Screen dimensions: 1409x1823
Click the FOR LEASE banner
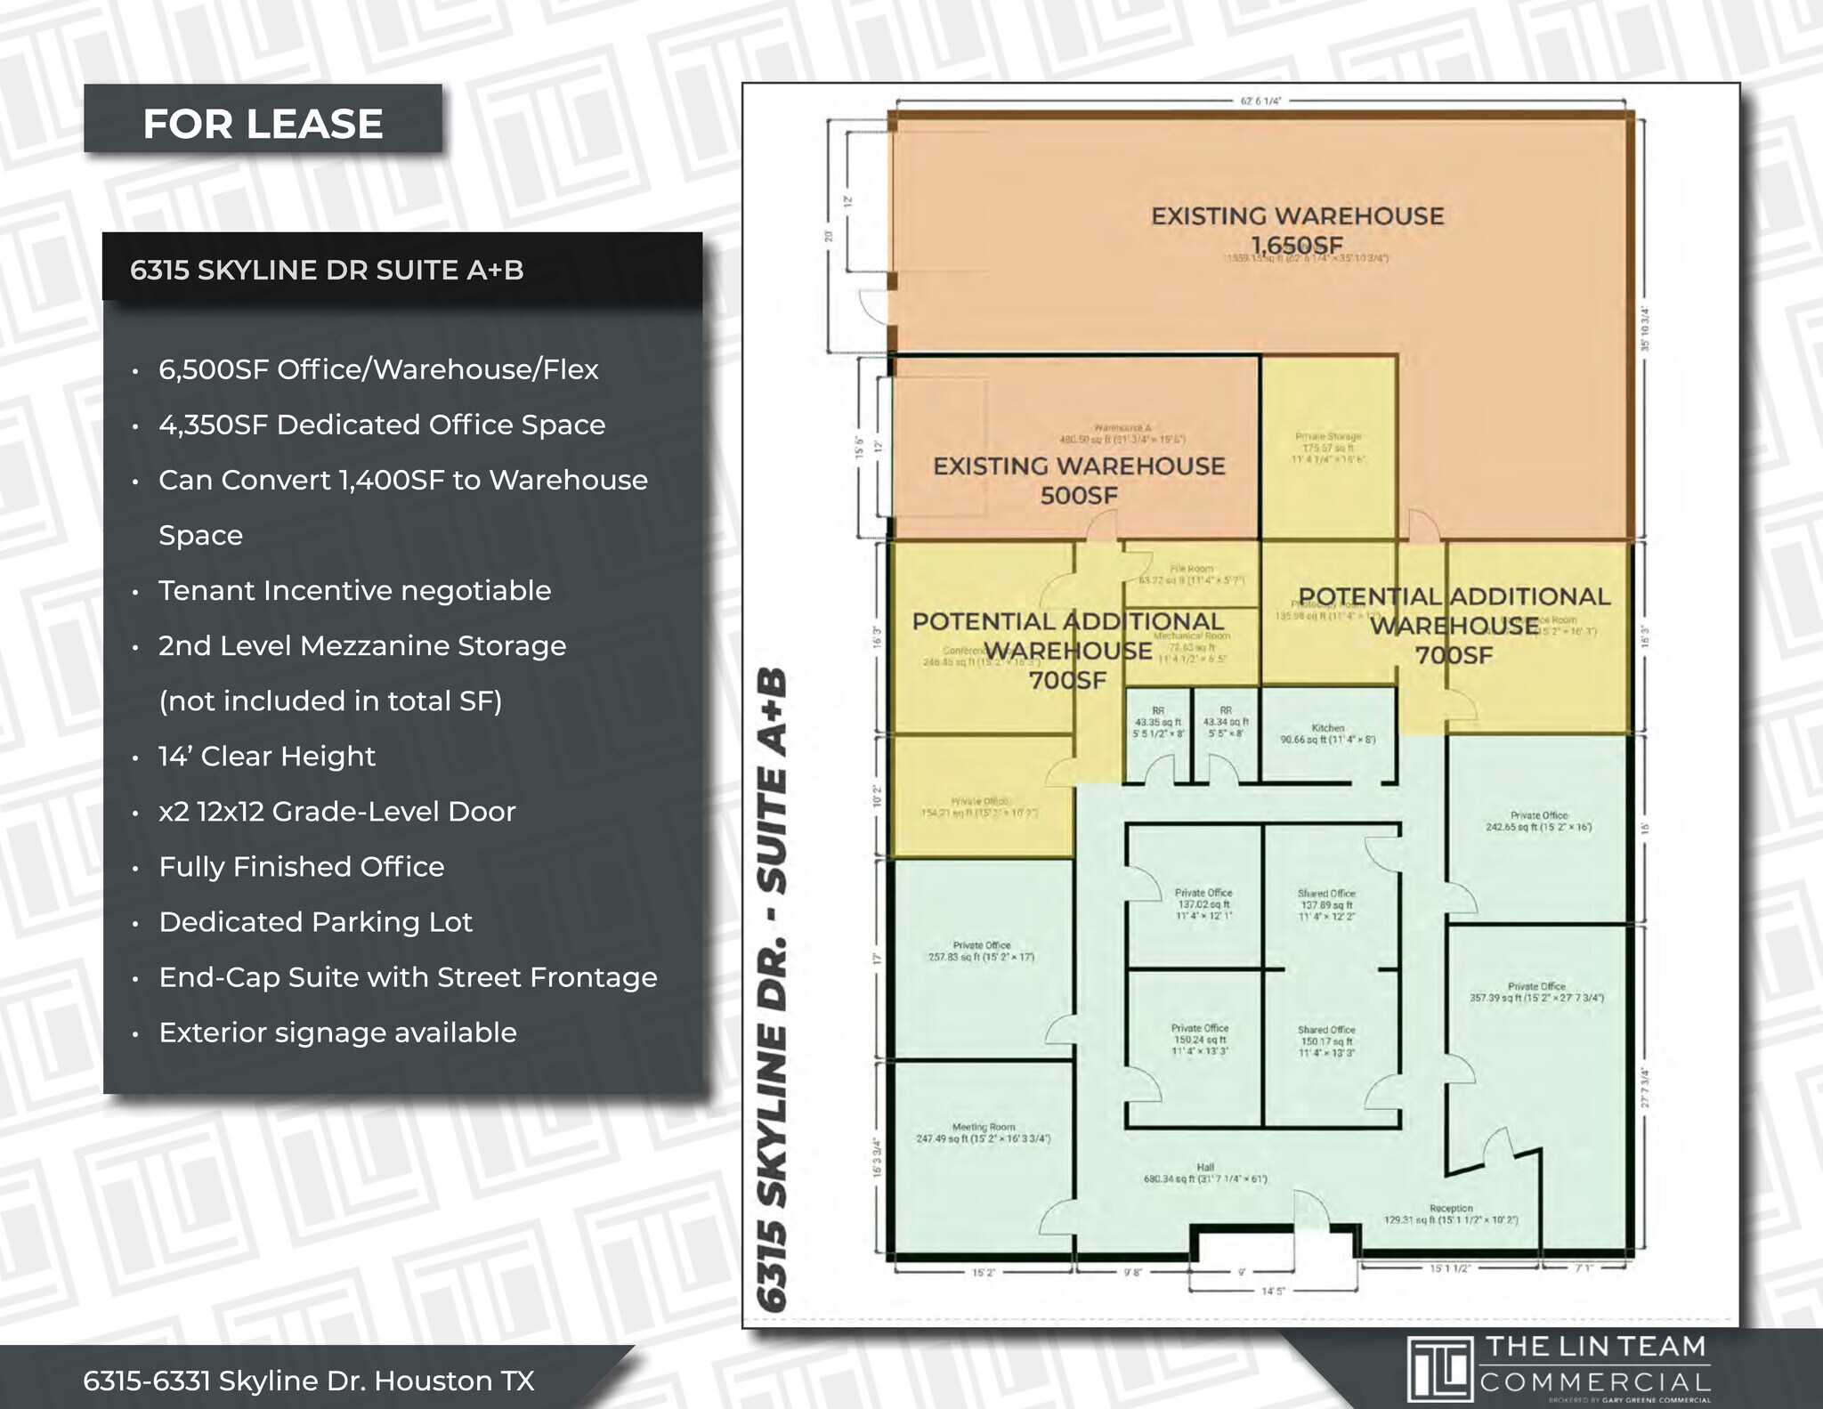[x=263, y=123]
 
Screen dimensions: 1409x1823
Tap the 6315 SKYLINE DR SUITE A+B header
[x=327, y=270]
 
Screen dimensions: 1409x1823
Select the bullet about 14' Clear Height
[x=267, y=757]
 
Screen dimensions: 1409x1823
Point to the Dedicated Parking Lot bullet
[x=315, y=922]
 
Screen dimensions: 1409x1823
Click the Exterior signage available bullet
[x=337, y=1032]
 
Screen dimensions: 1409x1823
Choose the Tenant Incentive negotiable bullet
[x=354, y=591]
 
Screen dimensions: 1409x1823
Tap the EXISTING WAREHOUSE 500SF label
[x=1079, y=480]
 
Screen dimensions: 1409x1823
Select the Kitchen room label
[x=1328, y=733]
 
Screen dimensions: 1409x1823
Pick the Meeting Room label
[x=984, y=1132]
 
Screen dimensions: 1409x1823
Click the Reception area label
[x=1451, y=1214]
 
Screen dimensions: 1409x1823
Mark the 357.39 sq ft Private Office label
[x=1536, y=992]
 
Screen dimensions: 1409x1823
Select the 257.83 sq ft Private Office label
[x=982, y=951]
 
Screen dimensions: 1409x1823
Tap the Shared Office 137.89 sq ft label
[x=1326, y=904]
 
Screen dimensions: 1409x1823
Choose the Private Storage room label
[x=1328, y=448]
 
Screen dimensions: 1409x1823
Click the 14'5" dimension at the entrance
[x=1273, y=1290]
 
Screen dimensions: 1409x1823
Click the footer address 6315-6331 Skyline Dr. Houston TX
[x=309, y=1381]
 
